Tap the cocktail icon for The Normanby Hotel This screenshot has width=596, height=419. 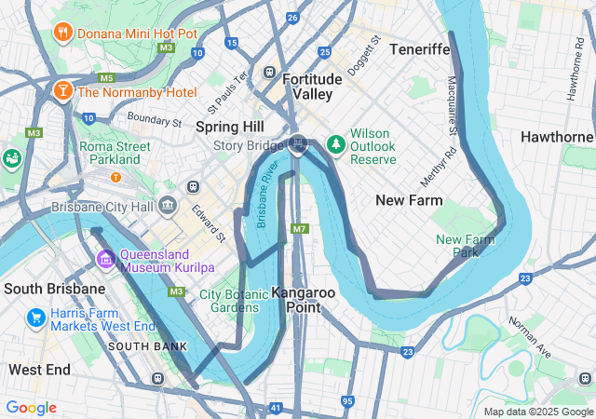(63, 91)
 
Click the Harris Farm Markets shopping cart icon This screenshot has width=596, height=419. (36, 318)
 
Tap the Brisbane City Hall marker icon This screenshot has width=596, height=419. (169, 205)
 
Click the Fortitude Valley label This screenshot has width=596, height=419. (306, 87)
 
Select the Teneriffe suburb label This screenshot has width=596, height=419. (420, 48)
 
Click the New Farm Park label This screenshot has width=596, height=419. (463, 246)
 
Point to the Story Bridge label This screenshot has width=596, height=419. (248, 145)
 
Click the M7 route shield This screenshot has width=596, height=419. (298, 229)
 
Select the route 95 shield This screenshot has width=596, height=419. (347, 401)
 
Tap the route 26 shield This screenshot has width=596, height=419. (292, 18)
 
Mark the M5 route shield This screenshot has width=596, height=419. (106, 78)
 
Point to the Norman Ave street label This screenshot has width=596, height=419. (529, 333)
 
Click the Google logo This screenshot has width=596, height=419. (31, 408)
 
